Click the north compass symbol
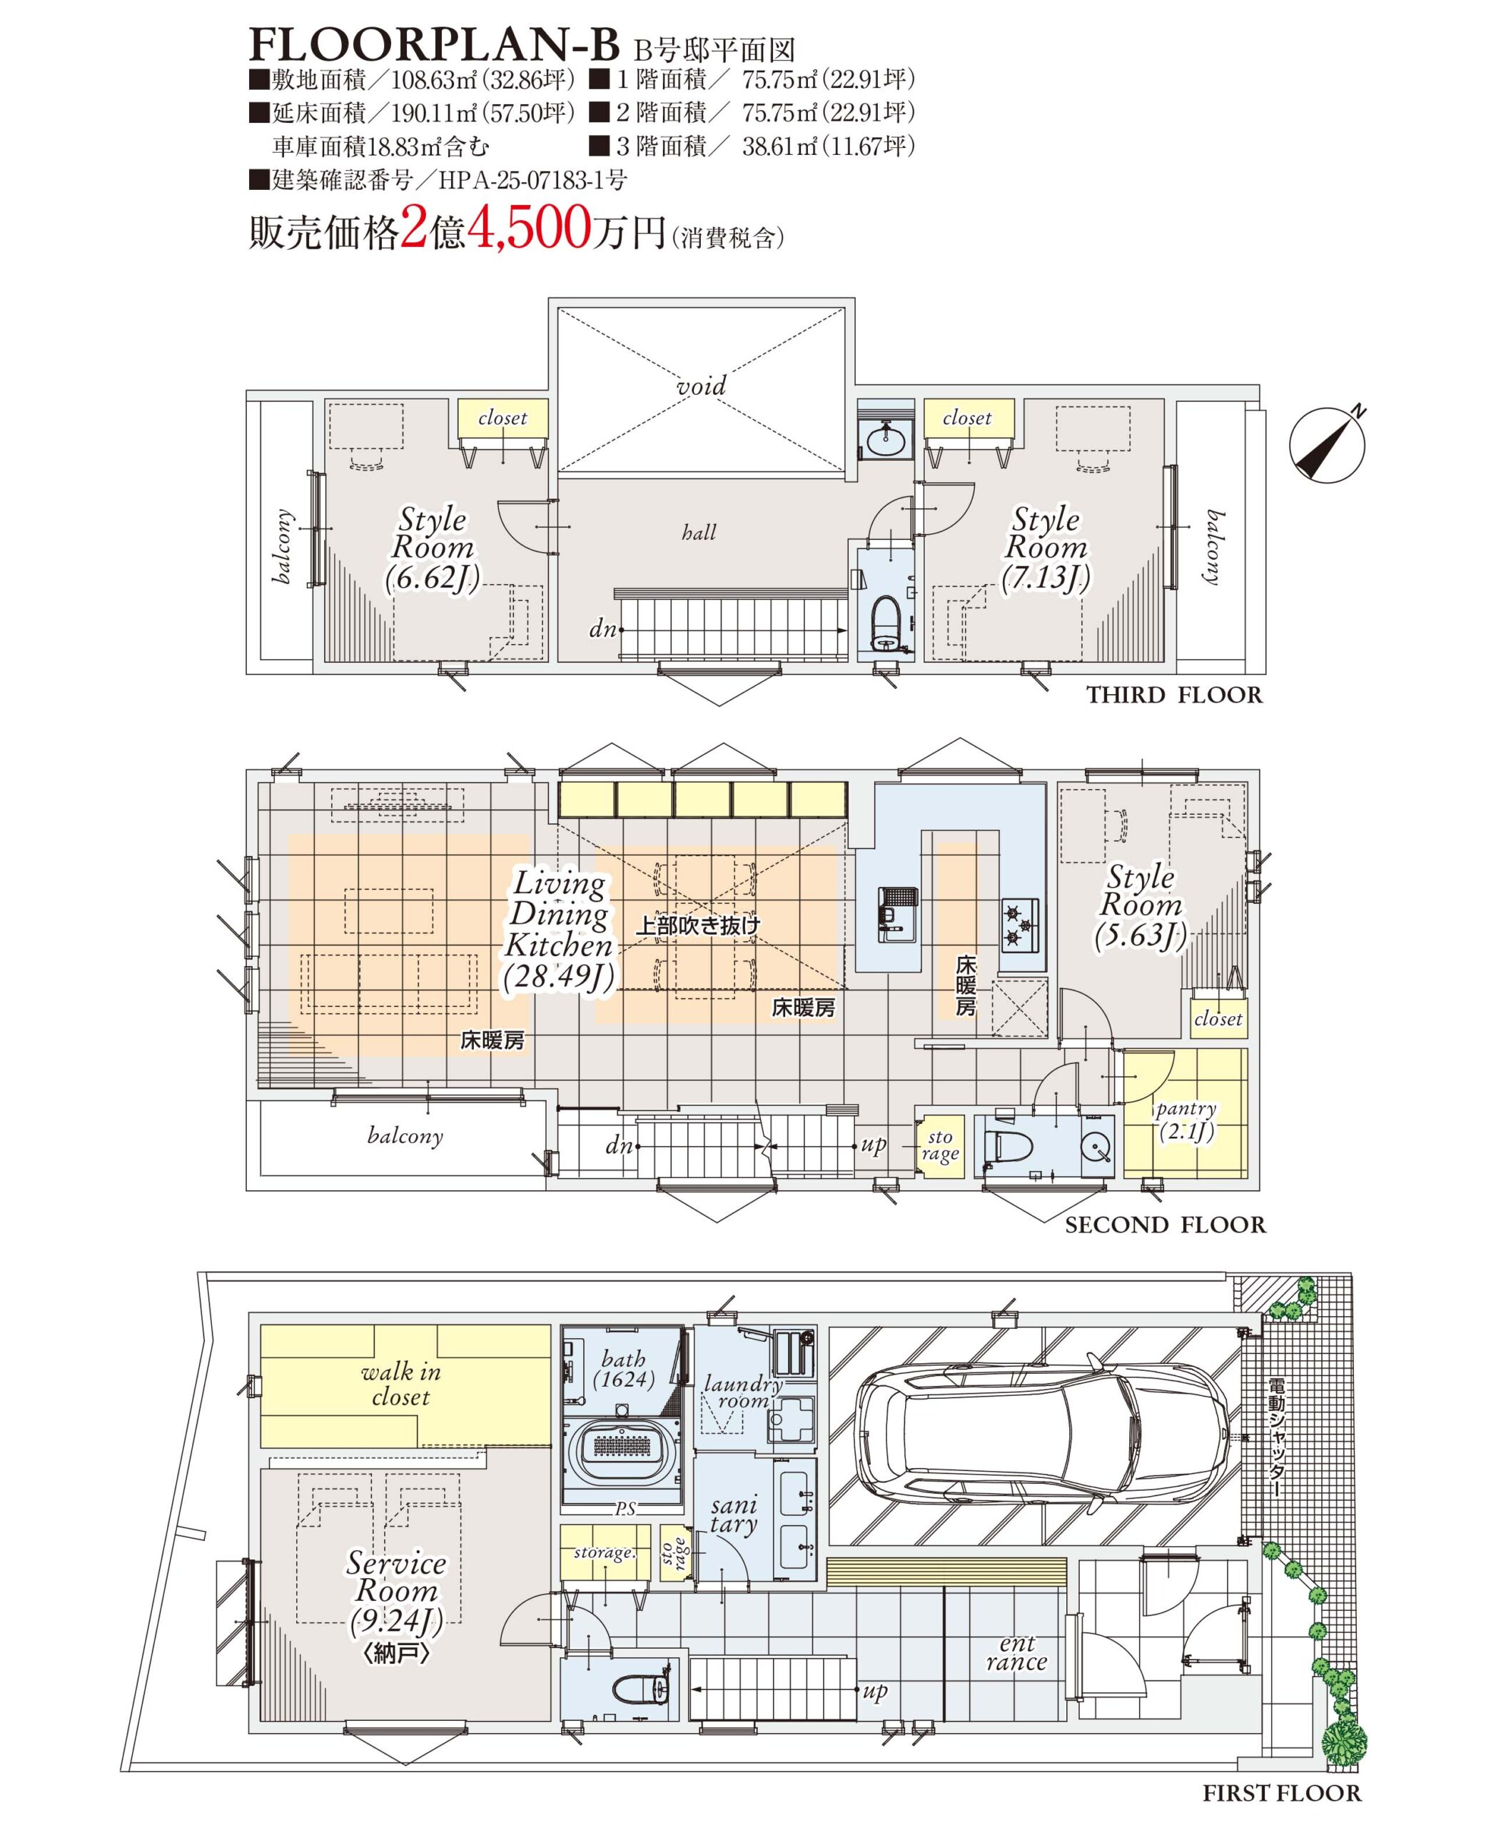coord(1328,443)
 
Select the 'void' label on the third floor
coord(700,387)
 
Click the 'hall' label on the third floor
coord(699,533)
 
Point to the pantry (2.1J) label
coord(1186,1121)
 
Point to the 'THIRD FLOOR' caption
coord(1174,695)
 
